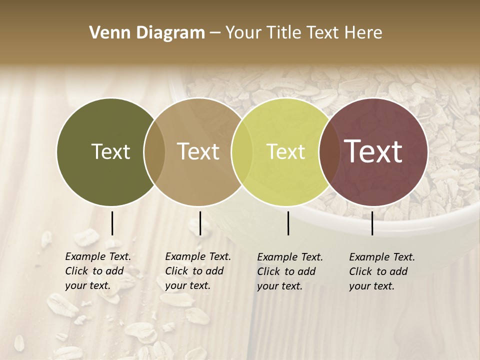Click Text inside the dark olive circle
pyautogui.click(x=110, y=151)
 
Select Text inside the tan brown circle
pyautogui.click(x=198, y=151)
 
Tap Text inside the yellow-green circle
pyautogui.click(x=285, y=151)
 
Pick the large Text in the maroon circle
pyautogui.click(x=373, y=151)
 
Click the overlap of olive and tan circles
pyautogui.click(x=154, y=152)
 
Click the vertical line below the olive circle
pyautogui.click(x=112, y=223)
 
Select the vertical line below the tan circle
pyautogui.click(x=200, y=223)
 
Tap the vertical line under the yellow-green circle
pyautogui.click(x=288, y=223)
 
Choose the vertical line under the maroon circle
pyautogui.click(x=372, y=223)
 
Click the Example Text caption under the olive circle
pyautogui.click(x=97, y=271)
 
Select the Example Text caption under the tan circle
pyautogui.click(x=197, y=271)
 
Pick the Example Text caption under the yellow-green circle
pyautogui.click(x=289, y=271)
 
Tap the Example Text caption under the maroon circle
pyautogui.click(x=381, y=271)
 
